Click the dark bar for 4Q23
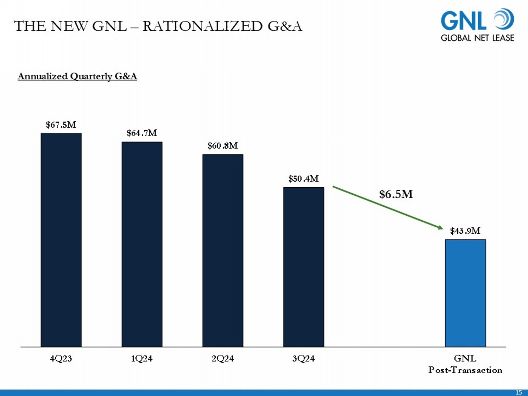pyautogui.click(x=61, y=240)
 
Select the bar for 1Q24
pyautogui.click(x=142, y=244)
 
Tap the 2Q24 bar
pyautogui.click(x=223, y=250)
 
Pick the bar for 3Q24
pyautogui.click(x=303, y=267)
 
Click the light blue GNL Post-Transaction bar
pyautogui.click(x=465, y=293)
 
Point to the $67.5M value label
pyautogui.click(x=61, y=125)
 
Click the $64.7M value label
pyautogui.click(x=142, y=133)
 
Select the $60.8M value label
pyautogui.click(x=223, y=146)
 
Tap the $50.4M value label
pyautogui.click(x=303, y=179)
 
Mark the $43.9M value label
pyautogui.click(x=465, y=231)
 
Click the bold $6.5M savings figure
pyautogui.click(x=396, y=194)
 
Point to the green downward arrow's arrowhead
pyautogui.click(x=440, y=227)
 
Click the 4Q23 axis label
pyautogui.click(x=61, y=359)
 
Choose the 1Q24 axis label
pyautogui.click(x=142, y=359)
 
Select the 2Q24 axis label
pyautogui.click(x=222, y=359)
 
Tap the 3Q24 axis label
pyautogui.click(x=303, y=359)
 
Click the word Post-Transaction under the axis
pyautogui.click(x=465, y=370)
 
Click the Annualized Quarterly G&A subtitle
pyautogui.click(x=77, y=76)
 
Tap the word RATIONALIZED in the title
pyautogui.click(x=202, y=26)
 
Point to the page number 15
pyautogui.click(x=518, y=392)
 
